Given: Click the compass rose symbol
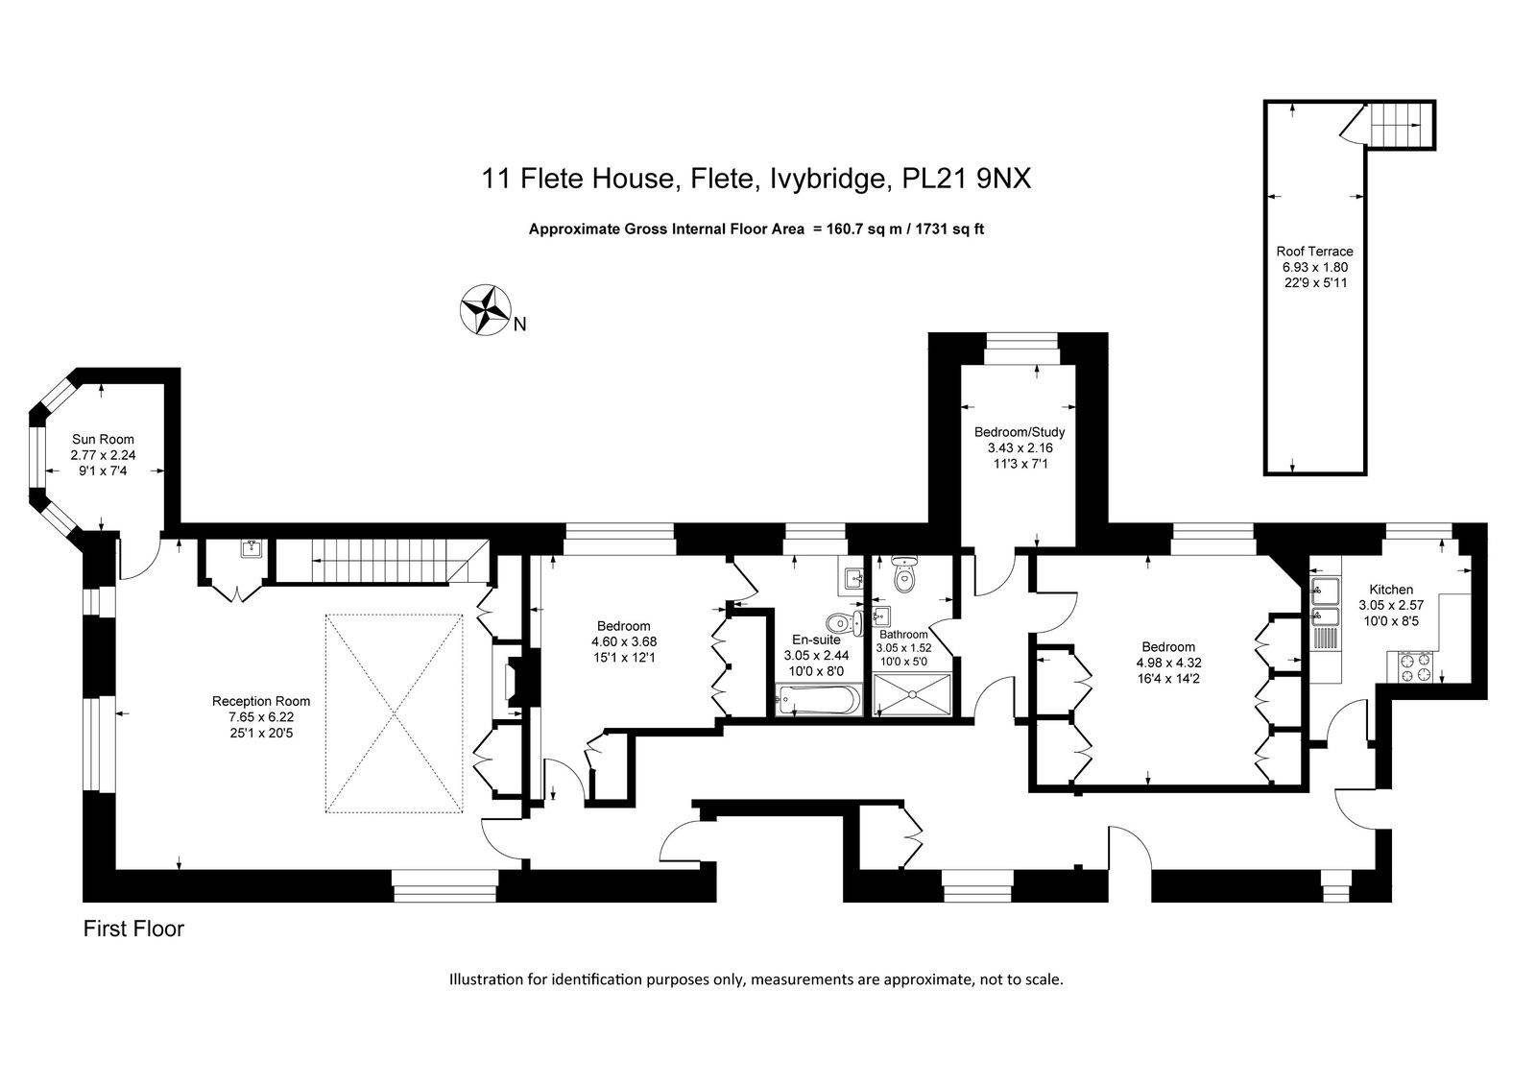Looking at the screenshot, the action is coord(486,310).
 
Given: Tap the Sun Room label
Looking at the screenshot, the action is coord(103,439).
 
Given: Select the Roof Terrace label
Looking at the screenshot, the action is coord(1314,251).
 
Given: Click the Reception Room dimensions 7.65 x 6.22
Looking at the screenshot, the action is coord(261,717).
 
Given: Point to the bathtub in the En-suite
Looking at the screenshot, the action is coord(817,700).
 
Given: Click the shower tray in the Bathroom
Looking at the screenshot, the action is coord(912,695).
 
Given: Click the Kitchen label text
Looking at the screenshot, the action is coord(1391,590).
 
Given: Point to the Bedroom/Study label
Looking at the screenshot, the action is coord(1020,432).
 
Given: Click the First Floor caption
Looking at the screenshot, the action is coord(133,929).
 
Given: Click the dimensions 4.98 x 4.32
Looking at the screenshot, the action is coord(1168,663).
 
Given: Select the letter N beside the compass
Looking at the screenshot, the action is coord(519,325).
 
